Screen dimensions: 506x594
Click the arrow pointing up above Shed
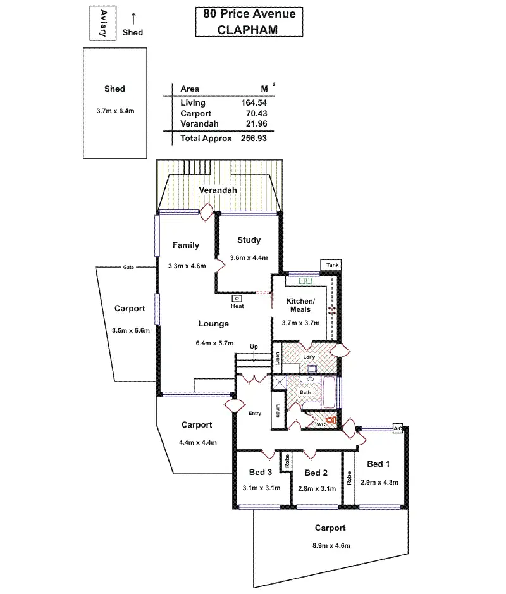133,20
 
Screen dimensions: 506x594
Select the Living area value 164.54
254,102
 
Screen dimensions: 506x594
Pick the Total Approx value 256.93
254,138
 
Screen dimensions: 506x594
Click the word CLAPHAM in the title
248,29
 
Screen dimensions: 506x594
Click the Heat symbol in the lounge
237,299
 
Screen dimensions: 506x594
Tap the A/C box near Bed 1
398,428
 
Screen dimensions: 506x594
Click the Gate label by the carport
128,268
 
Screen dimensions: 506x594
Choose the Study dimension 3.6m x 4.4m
249,257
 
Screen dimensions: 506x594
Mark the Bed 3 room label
260,472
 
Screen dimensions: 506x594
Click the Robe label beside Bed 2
287,462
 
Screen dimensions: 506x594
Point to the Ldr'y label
309,357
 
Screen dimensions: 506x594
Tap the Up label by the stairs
254,347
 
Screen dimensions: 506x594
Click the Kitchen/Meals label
300,305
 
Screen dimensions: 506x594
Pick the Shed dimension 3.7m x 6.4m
114,111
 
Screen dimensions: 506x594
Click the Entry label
255,414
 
